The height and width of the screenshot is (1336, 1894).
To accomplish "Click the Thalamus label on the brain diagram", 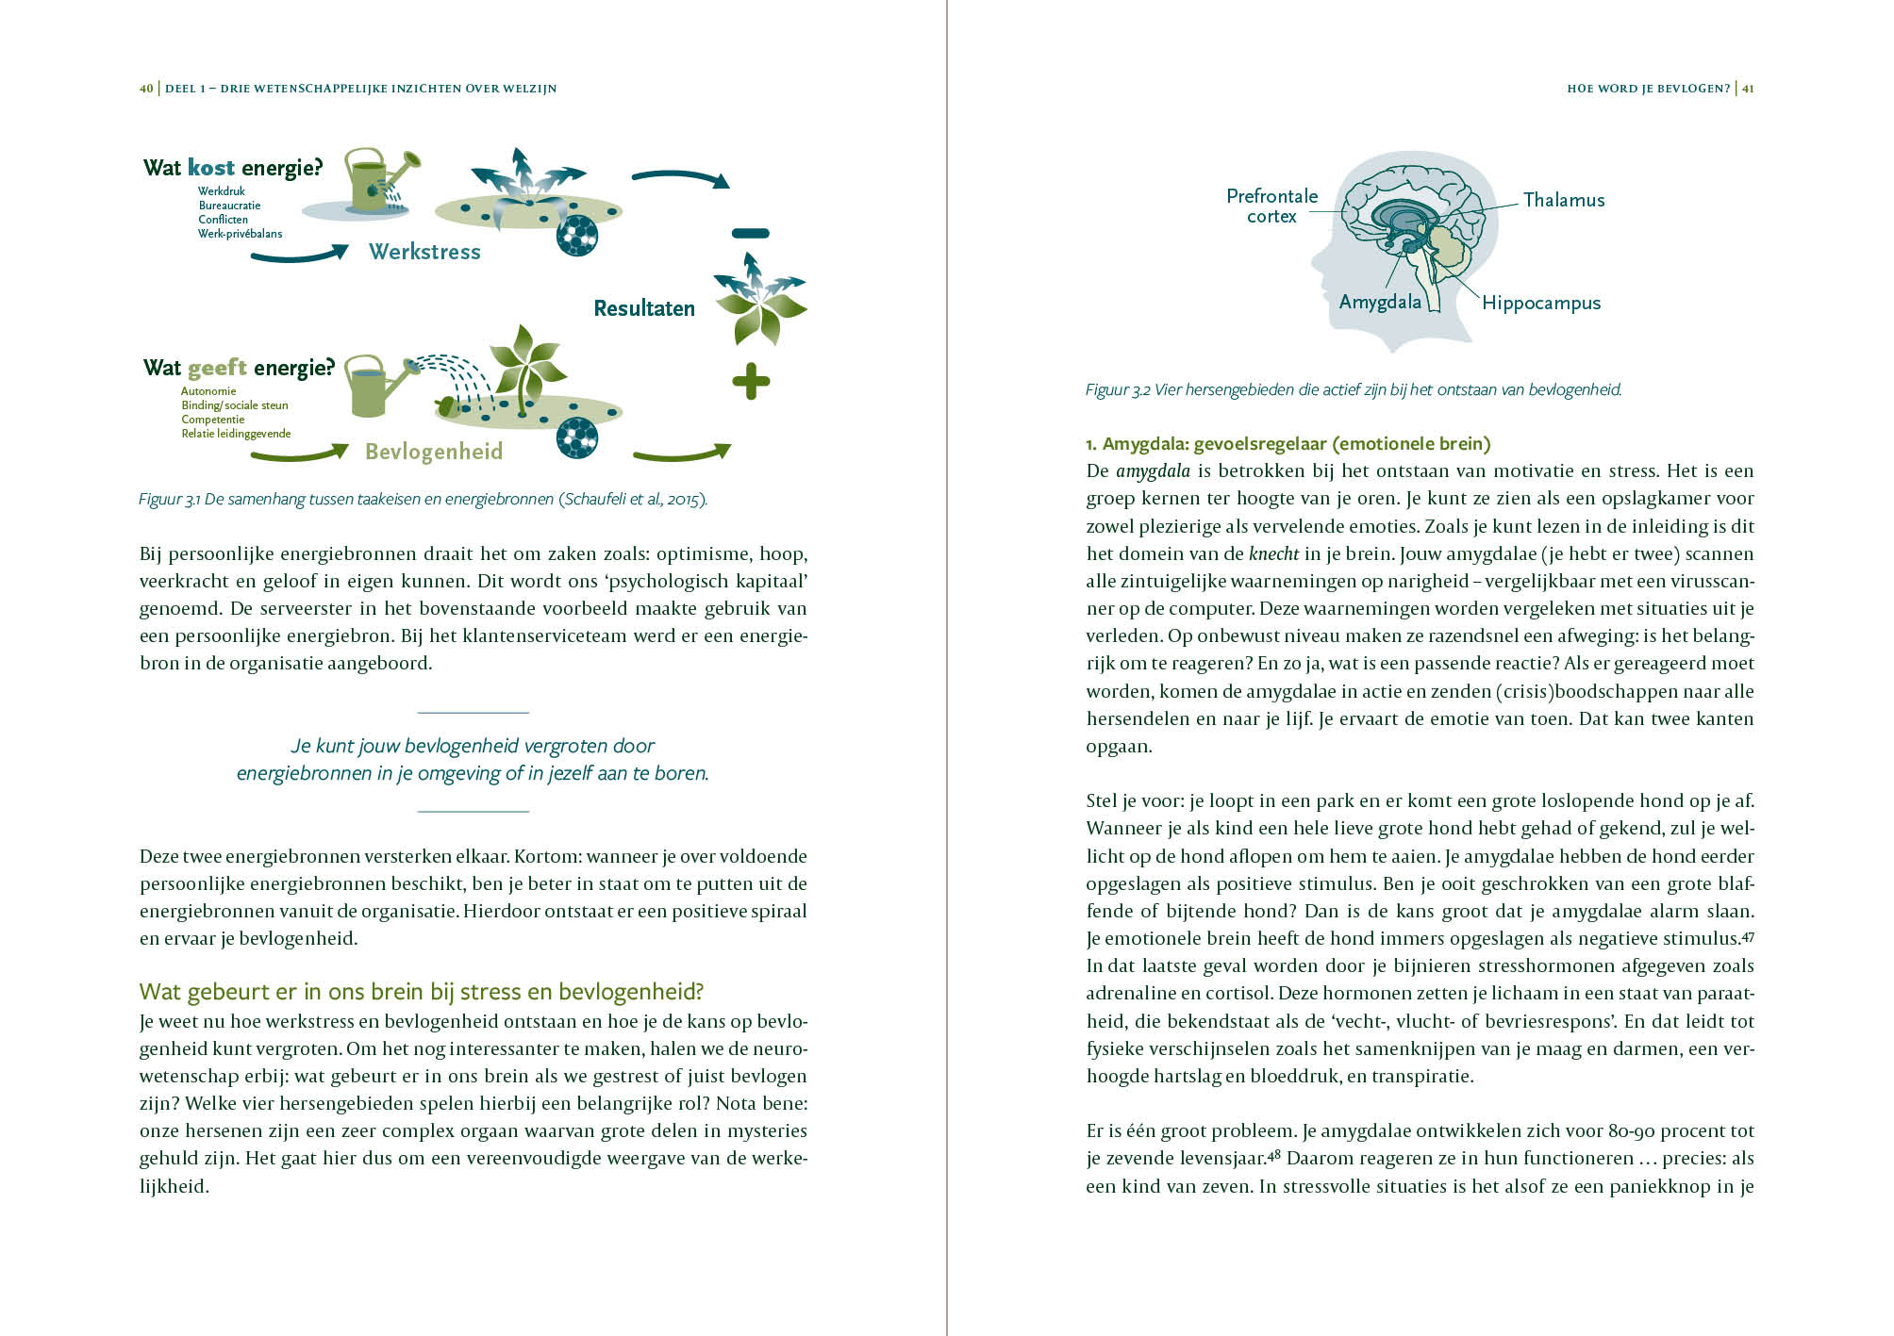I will click(x=1563, y=200).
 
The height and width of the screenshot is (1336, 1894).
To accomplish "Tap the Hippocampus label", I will click(x=1540, y=303).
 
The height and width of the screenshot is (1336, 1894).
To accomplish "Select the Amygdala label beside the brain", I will click(x=1379, y=302).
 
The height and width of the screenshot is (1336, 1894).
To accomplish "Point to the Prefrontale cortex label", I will click(x=1271, y=206).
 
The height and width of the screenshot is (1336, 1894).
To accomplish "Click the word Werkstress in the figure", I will click(x=424, y=252).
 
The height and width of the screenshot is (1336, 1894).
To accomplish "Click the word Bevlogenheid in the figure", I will click(x=433, y=452).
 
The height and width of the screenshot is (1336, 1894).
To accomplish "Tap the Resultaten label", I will click(x=643, y=308).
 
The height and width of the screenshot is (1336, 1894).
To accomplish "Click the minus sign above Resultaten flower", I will click(x=751, y=233).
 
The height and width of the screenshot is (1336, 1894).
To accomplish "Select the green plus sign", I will click(x=751, y=382).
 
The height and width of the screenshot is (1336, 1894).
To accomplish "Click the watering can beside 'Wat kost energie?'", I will click(x=373, y=179).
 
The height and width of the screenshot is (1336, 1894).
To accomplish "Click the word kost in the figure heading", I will click(x=210, y=168).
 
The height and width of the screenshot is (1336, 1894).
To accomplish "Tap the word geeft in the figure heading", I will click(x=217, y=368).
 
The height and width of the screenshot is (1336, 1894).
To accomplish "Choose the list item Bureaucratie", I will click(x=229, y=206).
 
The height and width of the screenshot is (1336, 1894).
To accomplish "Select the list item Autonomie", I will click(x=208, y=391).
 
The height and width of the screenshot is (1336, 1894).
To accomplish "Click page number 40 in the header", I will click(x=146, y=89).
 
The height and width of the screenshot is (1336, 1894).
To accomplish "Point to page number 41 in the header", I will click(x=1748, y=89).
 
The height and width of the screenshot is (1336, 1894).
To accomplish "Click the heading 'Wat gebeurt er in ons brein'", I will click(x=421, y=992).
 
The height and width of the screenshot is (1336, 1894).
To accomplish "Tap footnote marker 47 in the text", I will click(x=1748, y=935).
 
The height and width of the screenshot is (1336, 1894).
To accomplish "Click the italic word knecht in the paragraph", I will click(x=1272, y=553).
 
